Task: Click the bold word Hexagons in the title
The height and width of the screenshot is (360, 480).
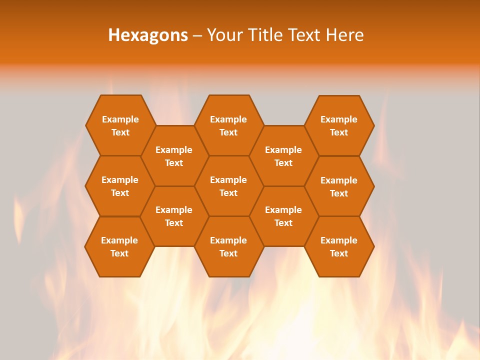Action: (x=148, y=35)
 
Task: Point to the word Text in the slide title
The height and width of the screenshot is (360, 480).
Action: (x=305, y=35)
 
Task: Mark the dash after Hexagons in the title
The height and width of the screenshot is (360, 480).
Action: (x=197, y=35)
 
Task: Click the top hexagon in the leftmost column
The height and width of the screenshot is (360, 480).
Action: (x=120, y=125)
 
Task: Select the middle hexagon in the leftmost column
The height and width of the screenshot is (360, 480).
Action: (x=120, y=186)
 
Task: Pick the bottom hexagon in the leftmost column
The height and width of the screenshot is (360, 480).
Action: (x=119, y=246)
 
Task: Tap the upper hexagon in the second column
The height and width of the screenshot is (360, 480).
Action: (x=174, y=156)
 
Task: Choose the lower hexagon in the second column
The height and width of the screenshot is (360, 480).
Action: (x=174, y=216)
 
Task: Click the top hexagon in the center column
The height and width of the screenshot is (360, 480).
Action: (x=228, y=125)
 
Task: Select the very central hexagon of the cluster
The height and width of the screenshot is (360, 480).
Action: (x=228, y=186)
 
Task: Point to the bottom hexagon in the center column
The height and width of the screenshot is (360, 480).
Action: (x=228, y=246)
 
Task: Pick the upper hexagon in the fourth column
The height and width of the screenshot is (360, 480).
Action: (x=283, y=156)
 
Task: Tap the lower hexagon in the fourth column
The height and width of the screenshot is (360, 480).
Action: (x=283, y=216)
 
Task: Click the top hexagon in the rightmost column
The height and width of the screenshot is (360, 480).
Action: (x=339, y=125)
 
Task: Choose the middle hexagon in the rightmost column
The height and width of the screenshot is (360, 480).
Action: (x=339, y=186)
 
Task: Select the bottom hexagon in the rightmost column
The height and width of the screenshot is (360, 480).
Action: (x=339, y=246)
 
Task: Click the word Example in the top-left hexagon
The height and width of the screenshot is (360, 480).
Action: (x=120, y=119)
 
